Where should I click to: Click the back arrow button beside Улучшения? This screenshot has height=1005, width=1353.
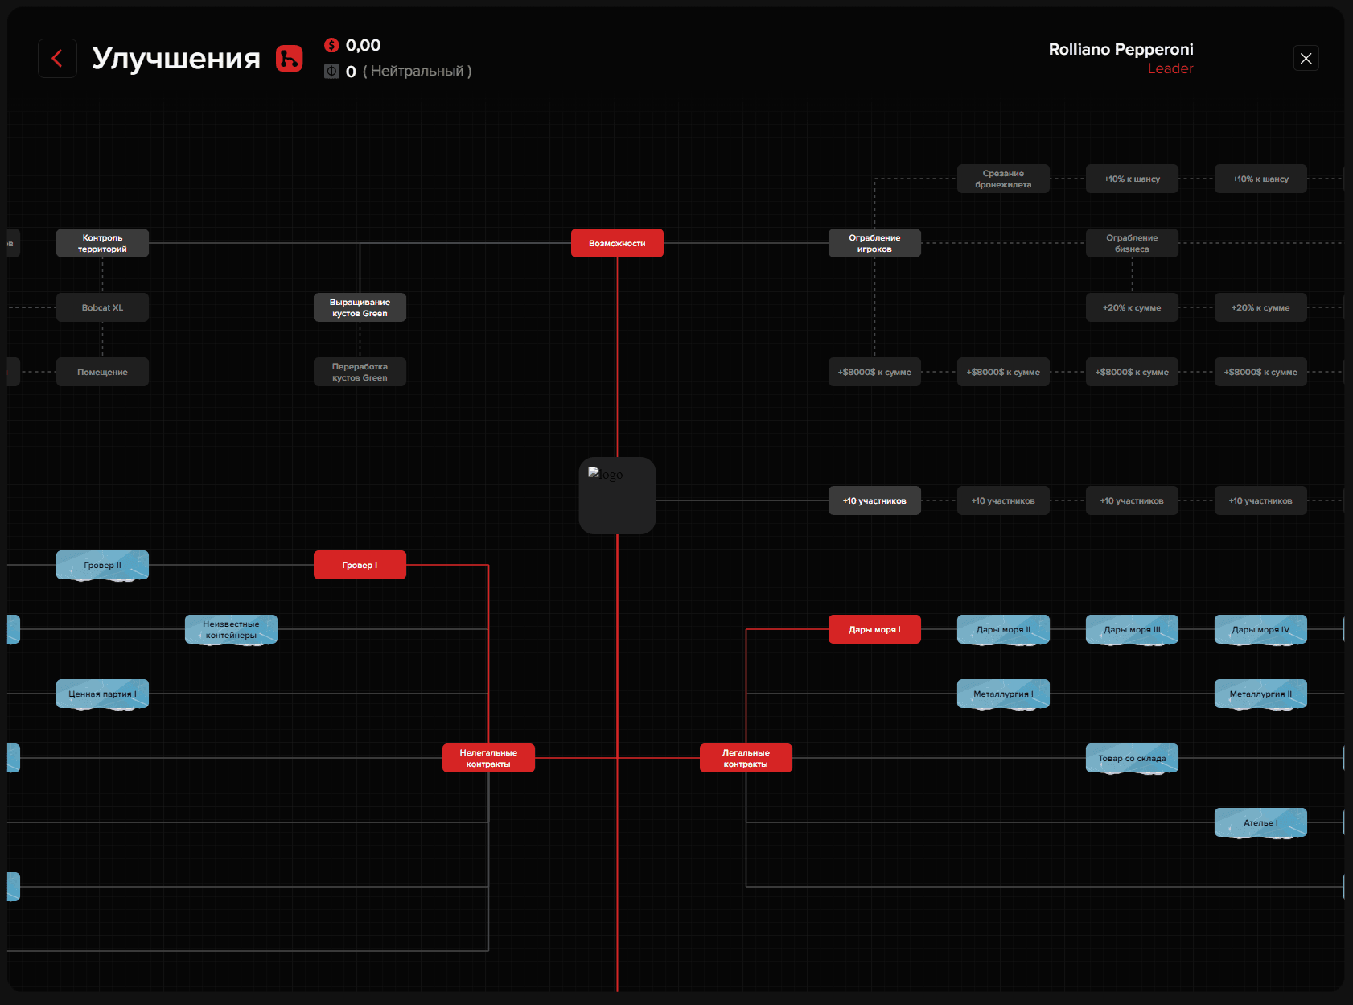(57, 58)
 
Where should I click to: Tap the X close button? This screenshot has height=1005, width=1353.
(1306, 58)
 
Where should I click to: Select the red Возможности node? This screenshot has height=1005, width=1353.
(617, 243)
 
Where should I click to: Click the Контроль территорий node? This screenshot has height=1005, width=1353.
(102, 243)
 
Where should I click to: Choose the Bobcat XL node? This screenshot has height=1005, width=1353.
(102, 307)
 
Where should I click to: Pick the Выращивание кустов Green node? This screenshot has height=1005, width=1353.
(360, 307)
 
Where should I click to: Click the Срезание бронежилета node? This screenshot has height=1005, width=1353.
(1003, 179)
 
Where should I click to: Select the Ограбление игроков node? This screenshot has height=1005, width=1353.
(874, 243)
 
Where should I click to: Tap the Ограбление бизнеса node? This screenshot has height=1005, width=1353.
(1132, 243)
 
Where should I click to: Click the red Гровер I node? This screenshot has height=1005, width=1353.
(360, 565)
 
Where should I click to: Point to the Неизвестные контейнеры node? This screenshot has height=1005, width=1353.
(231, 629)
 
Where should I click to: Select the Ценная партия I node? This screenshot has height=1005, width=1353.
(102, 694)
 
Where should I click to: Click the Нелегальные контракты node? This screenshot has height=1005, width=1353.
(488, 758)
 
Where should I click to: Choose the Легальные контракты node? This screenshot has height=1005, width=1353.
(746, 758)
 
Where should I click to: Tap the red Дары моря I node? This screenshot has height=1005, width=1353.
(874, 629)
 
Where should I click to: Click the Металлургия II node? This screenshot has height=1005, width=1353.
(1260, 694)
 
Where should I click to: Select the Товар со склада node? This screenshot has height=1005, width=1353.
(1132, 758)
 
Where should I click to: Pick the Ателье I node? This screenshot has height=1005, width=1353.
(1260, 822)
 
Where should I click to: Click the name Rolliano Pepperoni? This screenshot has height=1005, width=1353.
(1121, 49)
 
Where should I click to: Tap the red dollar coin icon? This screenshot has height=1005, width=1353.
(331, 45)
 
